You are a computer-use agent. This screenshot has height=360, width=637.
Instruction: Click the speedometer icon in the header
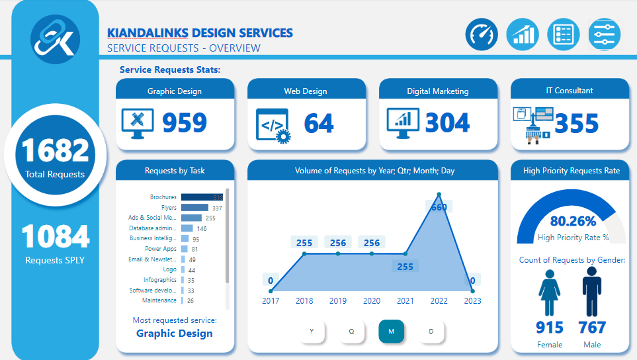click(x=481, y=34)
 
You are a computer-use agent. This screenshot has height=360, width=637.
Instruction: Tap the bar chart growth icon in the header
click(x=523, y=34)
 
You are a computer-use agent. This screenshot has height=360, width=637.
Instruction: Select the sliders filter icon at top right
click(x=604, y=34)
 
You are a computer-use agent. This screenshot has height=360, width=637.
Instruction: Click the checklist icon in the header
click(x=563, y=34)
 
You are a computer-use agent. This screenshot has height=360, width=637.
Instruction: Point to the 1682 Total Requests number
click(x=55, y=150)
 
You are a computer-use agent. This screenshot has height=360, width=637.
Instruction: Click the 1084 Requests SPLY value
click(x=55, y=236)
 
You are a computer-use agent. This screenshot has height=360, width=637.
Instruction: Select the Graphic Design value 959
click(x=185, y=123)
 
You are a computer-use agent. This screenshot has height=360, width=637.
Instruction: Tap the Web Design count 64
click(x=319, y=123)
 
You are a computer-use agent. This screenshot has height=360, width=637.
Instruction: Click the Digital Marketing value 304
click(x=447, y=123)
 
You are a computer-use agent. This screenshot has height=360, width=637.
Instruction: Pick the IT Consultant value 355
click(x=576, y=124)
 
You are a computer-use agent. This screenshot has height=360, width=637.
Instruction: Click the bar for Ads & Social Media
click(x=191, y=218)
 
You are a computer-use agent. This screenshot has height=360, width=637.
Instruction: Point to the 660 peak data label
click(x=439, y=207)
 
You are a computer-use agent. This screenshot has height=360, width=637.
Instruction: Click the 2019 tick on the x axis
click(x=338, y=301)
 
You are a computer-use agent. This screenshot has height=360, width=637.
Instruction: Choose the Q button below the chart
click(x=352, y=332)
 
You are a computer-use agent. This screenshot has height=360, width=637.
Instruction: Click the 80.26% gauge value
click(x=572, y=221)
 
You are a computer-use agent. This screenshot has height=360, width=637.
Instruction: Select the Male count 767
click(x=592, y=328)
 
